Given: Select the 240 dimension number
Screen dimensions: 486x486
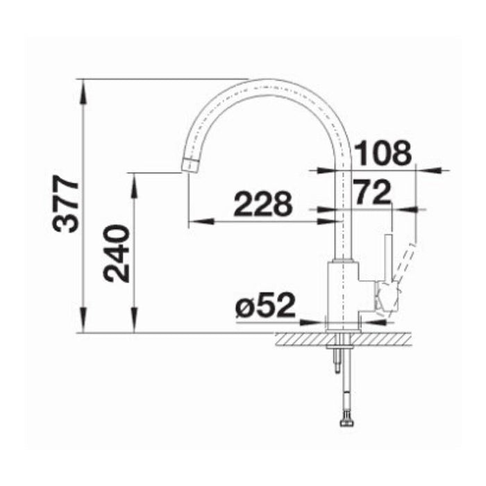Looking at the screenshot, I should pyautogui.click(x=117, y=253).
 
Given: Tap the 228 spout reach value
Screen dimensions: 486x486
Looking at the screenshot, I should pyautogui.click(x=262, y=205).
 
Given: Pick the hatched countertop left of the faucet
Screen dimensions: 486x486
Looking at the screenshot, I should pyautogui.click(x=299, y=340).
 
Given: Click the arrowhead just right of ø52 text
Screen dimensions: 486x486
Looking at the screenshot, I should pyautogui.click(x=317, y=321).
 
